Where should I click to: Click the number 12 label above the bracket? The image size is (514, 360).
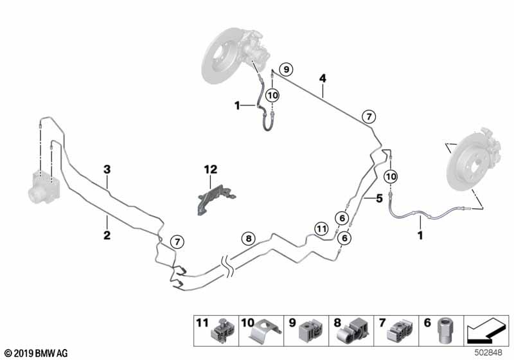tap(211, 170)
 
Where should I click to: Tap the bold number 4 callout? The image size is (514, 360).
tap(323, 78)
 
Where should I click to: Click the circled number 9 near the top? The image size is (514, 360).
tap(286, 69)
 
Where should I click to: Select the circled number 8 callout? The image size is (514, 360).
tap(248, 239)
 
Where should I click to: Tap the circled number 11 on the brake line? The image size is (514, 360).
tap(321, 228)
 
